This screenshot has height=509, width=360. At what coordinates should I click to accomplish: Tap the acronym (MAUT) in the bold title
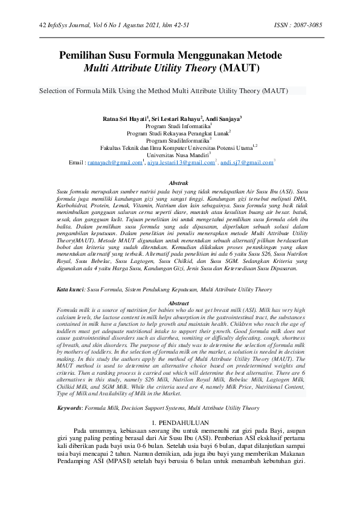click(x=240, y=68)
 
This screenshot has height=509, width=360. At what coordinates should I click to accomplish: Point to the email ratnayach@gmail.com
click(x=115, y=163)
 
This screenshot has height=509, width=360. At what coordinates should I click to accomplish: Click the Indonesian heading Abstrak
click(x=179, y=182)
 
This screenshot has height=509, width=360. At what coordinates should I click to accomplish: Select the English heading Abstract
click(x=179, y=303)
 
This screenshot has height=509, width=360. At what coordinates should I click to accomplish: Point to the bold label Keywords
click(x=69, y=407)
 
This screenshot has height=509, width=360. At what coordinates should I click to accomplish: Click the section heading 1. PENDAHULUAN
click(x=179, y=421)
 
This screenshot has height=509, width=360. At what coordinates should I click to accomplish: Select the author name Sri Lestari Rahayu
click(x=176, y=119)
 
